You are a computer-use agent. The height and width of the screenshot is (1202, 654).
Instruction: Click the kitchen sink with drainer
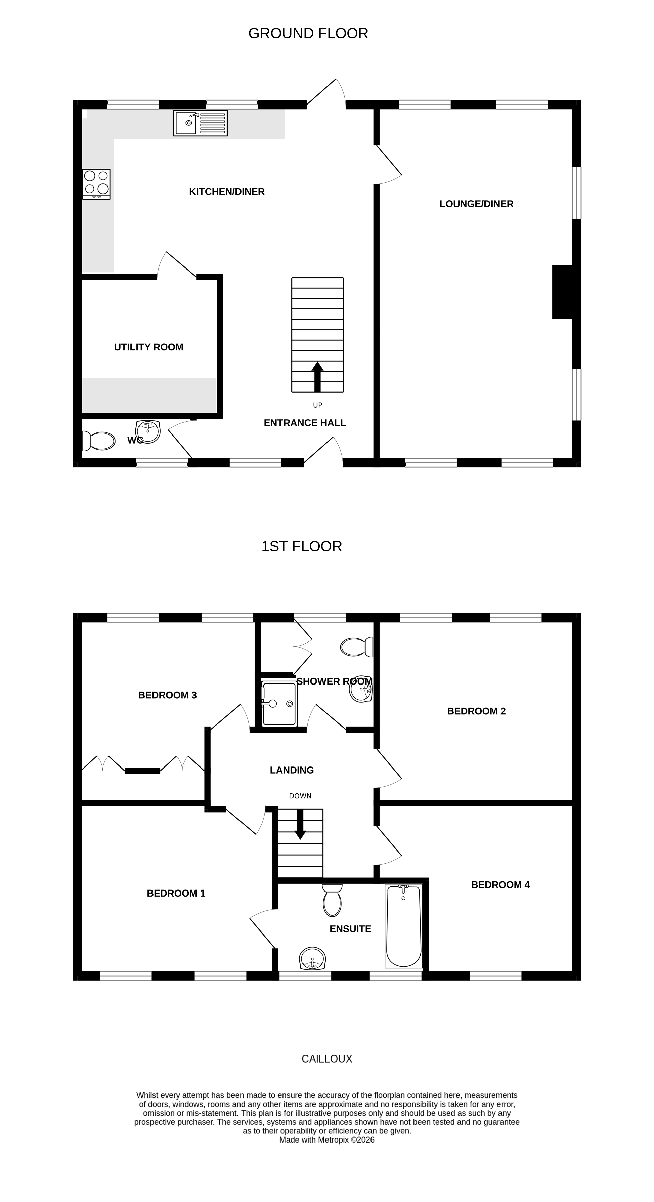pos(200,123)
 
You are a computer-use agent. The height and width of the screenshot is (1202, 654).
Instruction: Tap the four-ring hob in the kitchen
pos(96,184)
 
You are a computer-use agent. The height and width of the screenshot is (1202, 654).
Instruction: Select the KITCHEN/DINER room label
pos(227,191)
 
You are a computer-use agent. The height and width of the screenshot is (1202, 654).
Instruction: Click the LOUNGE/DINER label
pos(476,204)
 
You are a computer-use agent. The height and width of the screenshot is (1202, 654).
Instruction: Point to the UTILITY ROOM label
pos(148,347)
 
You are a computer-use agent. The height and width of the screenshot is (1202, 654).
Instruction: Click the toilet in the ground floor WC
pos(99,441)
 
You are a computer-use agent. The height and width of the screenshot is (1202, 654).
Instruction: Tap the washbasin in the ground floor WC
pos(148,431)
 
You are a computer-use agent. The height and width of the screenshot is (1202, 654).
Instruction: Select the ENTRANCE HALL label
pos(305,423)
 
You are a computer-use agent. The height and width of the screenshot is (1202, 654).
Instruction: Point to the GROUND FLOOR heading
pos(308,34)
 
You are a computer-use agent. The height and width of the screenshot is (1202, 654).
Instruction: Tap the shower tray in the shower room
pos(279,704)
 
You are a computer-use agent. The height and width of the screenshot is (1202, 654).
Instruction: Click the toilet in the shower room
pos(357,647)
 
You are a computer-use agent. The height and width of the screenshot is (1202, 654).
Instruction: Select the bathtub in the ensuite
pos(403,925)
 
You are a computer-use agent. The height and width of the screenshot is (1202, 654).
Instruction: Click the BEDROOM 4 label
pos(500,885)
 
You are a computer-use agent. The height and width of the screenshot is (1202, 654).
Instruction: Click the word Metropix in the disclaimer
pos(333,1139)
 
